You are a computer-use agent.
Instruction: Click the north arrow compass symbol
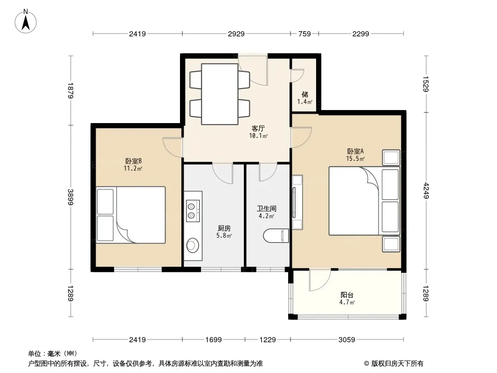tap(26, 21)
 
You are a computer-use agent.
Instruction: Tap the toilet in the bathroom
tap(276, 236)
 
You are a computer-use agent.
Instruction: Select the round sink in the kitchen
tap(192, 245)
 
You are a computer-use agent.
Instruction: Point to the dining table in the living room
tap(220, 94)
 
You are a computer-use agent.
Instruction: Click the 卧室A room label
tap(355, 151)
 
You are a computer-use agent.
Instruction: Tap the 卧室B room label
tap(133, 161)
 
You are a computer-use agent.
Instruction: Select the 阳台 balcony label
tap(347, 295)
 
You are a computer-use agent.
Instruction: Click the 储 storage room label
tap(305, 94)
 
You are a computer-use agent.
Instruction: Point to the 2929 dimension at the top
tap(236, 34)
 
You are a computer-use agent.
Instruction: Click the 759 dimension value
tap(304, 34)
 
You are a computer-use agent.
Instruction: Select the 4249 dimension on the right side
tap(425, 190)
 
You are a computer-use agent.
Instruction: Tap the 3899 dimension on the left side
tap(70, 197)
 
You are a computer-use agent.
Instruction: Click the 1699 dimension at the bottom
tap(214, 340)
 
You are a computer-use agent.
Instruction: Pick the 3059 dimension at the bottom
tap(347, 340)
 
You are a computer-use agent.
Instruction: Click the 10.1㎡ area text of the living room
tap(258, 136)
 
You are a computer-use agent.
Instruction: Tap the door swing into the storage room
tap(297, 75)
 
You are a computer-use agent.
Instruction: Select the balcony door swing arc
tap(320, 280)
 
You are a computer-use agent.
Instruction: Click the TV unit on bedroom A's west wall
tap(297, 202)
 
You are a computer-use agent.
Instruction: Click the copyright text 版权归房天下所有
tap(398, 364)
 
